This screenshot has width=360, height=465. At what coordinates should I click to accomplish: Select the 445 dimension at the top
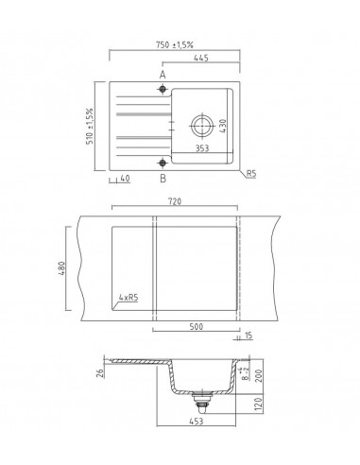[201, 59]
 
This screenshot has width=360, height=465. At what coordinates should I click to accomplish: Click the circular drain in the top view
[201, 125]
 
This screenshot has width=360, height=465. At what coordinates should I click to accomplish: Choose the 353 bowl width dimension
[199, 148]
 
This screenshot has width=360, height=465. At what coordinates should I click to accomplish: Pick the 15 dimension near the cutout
[248, 336]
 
